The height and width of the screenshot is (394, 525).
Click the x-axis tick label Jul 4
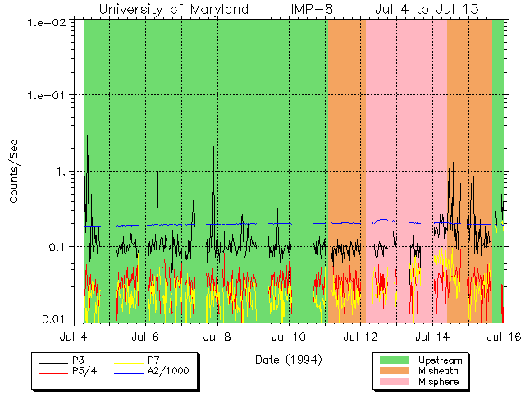[73, 337]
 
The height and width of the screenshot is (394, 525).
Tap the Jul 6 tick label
[145, 337]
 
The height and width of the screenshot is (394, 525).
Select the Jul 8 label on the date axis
[217, 337]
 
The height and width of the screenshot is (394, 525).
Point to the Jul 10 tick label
[288, 337]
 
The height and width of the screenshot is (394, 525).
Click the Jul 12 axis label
[360, 337]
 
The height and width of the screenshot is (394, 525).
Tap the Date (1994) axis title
[288, 360]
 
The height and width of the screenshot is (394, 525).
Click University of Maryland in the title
[174, 10]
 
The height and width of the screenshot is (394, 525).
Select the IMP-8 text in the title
[311, 10]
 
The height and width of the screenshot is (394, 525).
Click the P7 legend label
[154, 360]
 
